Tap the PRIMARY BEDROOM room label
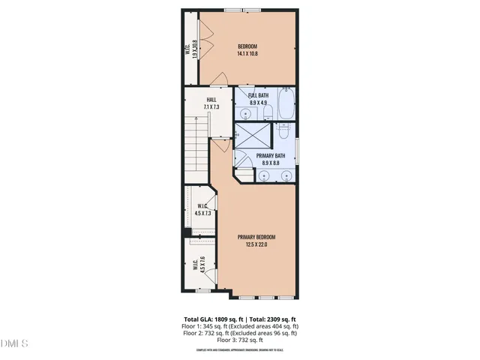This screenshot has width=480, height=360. [x=257, y=241]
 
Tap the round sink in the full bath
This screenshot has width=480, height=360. [x=247, y=114]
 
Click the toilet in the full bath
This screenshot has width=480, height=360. [x=268, y=113]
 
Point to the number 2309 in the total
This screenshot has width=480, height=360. [x=283, y=319]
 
